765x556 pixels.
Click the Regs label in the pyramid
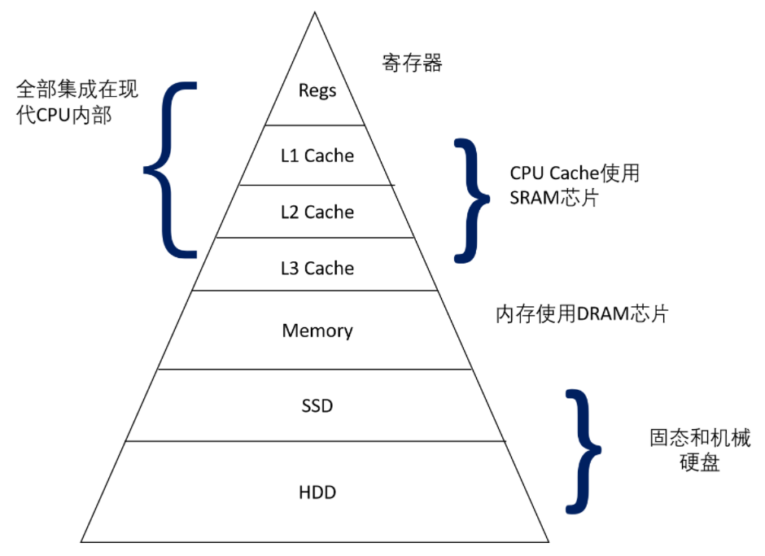(x=317, y=90)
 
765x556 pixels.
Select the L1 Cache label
(x=317, y=155)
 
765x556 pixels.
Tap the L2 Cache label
(x=317, y=212)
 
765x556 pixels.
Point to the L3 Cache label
(x=317, y=269)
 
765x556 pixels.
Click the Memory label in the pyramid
(x=317, y=331)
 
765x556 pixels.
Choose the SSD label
(x=317, y=405)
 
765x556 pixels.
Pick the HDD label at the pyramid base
(x=317, y=493)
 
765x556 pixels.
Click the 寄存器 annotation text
(x=412, y=63)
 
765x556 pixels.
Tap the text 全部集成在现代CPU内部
(x=77, y=102)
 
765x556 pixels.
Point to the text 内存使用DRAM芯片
(x=582, y=315)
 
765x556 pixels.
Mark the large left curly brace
(x=171, y=169)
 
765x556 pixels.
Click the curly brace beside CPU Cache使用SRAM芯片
(x=471, y=199)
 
